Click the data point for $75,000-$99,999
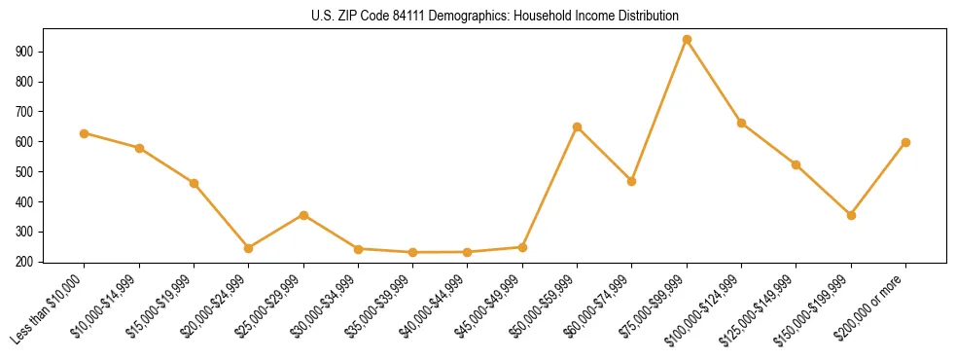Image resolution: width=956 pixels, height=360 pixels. pos(687,40)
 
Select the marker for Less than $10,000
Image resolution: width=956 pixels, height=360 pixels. pos(85,133)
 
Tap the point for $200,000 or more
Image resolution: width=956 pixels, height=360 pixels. pos(905,143)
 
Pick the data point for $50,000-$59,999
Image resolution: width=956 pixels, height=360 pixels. pos(578,127)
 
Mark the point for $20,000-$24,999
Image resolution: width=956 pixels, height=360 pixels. pos(249,248)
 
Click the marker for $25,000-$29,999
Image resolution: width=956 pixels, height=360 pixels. pos(303,215)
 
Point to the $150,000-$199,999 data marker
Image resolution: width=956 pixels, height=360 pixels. pos(851,215)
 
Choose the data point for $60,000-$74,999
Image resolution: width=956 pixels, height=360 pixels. pos(632,181)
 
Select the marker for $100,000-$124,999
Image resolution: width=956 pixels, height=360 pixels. pos(742,124)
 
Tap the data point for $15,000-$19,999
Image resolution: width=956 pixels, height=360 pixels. pos(194,183)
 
